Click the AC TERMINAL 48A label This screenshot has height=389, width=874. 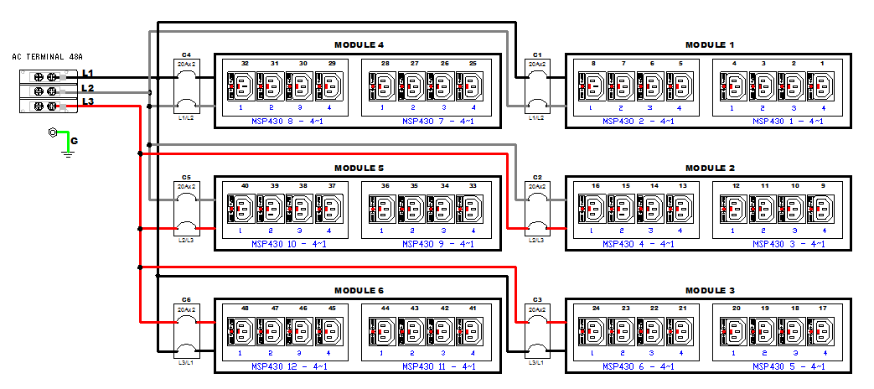[x=47, y=57]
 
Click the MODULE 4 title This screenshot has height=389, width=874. [x=359, y=45]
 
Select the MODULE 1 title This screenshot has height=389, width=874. [x=709, y=45]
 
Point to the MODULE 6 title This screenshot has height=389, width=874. [x=359, y=290]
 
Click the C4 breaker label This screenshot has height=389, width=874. [x=186, y=55]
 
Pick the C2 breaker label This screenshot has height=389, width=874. [x=537, y=178]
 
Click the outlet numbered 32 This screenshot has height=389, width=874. [x=240, y=86]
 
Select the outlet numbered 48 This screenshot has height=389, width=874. [x=240, y=330]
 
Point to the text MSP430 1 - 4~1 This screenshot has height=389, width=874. [x=788, y=122]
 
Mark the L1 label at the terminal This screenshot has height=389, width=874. [x=87, y=74]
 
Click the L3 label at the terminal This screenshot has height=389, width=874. [x=87, y=102]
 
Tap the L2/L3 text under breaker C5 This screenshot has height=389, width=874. [x=186, y=241]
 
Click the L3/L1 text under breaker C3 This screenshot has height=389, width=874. [x=537, y=363]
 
